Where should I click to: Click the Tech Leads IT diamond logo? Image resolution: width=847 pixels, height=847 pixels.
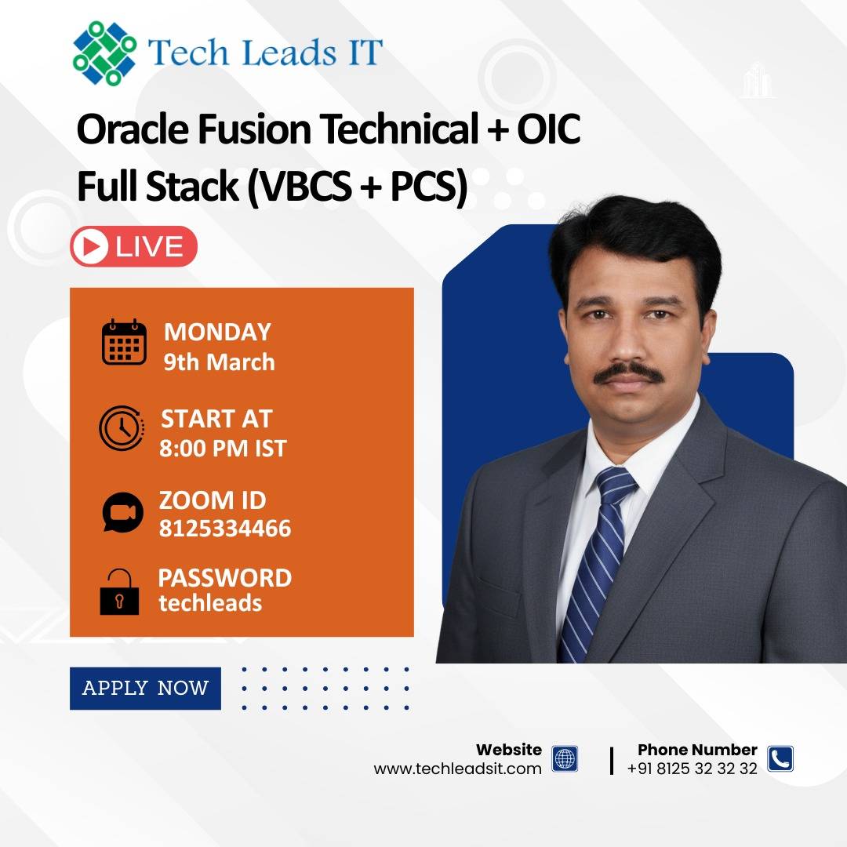104,53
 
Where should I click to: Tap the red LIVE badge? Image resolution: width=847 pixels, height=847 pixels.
133,246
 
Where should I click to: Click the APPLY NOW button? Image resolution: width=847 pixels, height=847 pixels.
145,689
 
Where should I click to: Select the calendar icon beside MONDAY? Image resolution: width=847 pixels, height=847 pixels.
124,342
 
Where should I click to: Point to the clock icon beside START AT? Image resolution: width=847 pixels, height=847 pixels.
122,428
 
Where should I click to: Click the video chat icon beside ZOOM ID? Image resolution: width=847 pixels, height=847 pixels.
122,512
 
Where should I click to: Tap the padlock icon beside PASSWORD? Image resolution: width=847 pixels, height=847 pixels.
119,592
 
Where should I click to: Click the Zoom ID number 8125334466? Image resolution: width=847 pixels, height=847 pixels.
225,529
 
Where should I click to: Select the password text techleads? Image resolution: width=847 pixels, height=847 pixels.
210,603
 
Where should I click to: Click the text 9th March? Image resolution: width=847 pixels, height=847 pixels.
220,362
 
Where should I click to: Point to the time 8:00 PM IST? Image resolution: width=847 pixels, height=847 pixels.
223,449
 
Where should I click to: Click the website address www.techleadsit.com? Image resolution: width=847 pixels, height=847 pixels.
457,769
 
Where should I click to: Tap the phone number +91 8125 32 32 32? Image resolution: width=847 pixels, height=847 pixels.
692,769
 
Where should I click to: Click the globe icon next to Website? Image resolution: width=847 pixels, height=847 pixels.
565,758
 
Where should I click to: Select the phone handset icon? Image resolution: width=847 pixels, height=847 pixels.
780,758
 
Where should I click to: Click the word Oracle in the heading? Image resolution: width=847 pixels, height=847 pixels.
133,129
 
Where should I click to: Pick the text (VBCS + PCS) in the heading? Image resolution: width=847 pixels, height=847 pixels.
357,187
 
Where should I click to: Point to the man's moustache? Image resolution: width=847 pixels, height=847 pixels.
629,373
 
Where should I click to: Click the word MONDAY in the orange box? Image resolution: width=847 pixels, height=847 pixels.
217,333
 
